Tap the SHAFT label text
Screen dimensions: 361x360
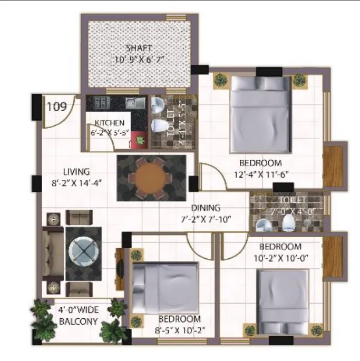(139, 48)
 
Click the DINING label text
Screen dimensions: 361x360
(206, 208)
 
